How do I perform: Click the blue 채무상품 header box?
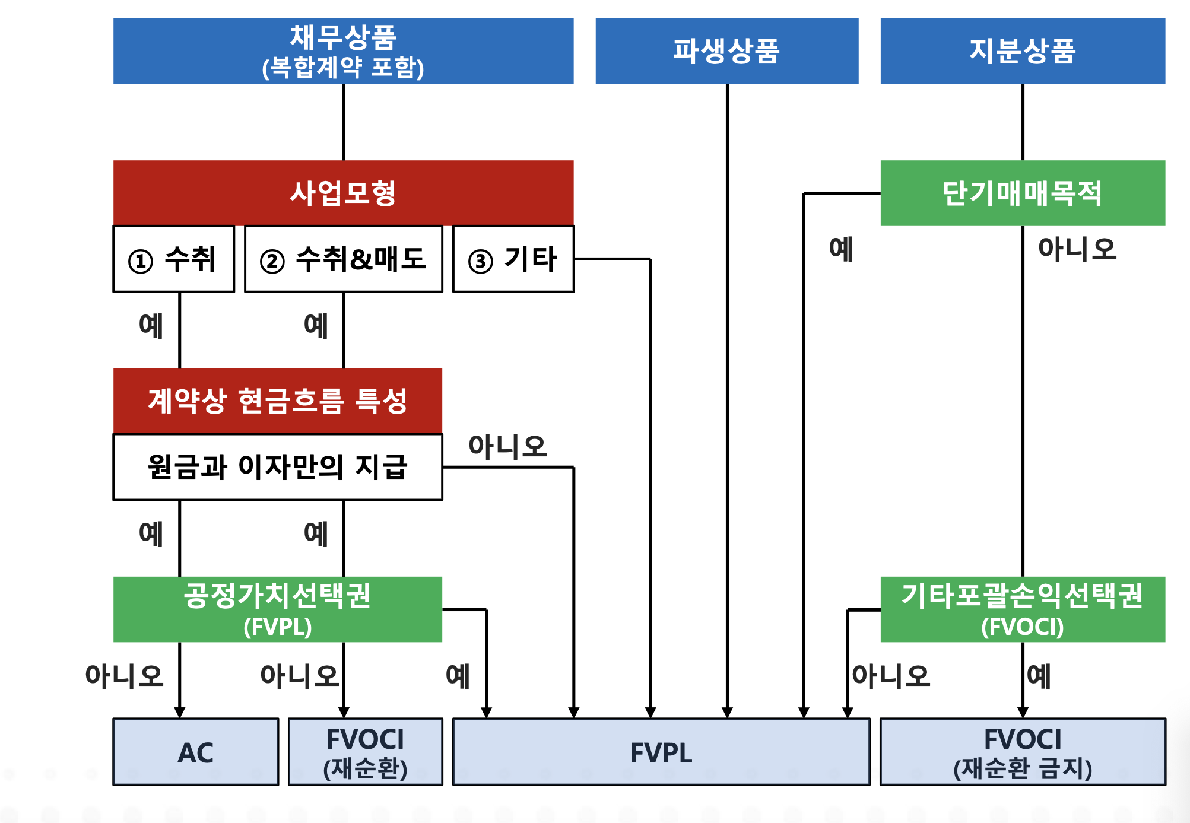click(343, 51)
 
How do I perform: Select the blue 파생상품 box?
click(726, 51)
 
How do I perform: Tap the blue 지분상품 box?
click(1023, 51)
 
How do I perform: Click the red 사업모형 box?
click(343, 193)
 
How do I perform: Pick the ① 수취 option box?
click(174, 259)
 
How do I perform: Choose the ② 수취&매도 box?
click(344, 259)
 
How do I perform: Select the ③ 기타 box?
click(513, 259)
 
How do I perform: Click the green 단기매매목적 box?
click(1023, 193)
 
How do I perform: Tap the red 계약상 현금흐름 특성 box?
click(278, 401)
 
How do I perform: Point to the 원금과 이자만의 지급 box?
click(278, 467)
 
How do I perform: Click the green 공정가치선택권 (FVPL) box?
click(278, 609)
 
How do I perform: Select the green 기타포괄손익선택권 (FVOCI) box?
click(1023, 609)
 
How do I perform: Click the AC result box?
click(196, 752)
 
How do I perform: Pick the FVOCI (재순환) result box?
click(366, 752)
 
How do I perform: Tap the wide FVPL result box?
click(661, 752)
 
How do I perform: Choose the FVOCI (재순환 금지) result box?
click(1023, 752)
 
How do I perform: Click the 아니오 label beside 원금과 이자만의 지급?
click(507, 446)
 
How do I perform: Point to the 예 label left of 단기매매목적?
click(841, 249)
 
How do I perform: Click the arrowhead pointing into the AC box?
click(180, 713)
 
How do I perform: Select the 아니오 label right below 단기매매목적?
click(1077, 249)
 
